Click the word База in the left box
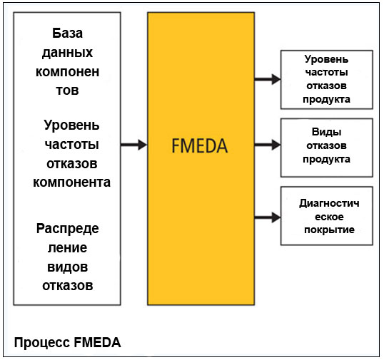67,33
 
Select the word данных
67,53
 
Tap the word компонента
72,182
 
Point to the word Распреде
68,229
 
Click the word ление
67,248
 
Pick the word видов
67,267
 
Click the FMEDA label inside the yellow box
200,145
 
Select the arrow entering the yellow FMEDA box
134,145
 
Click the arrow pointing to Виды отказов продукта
268,145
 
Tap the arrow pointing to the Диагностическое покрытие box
268,217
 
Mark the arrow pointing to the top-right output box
268,79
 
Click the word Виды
326,132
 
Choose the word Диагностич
329,203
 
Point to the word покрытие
329,230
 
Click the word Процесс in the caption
42,342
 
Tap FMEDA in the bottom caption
97,342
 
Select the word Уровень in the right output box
326,59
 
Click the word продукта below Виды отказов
326,160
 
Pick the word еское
329,217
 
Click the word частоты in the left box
72,144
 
